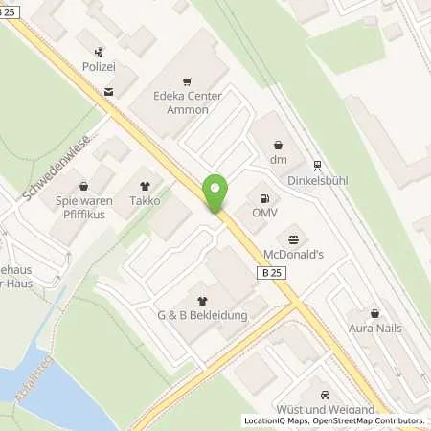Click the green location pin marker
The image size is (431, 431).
coord(215,193)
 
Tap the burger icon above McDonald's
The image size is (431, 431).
coord(293,238)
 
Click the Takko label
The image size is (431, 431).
coord(146,202)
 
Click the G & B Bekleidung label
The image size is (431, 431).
coord(203,315)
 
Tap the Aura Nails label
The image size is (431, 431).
coord(374,328)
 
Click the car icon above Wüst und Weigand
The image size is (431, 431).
coord(326,394)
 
